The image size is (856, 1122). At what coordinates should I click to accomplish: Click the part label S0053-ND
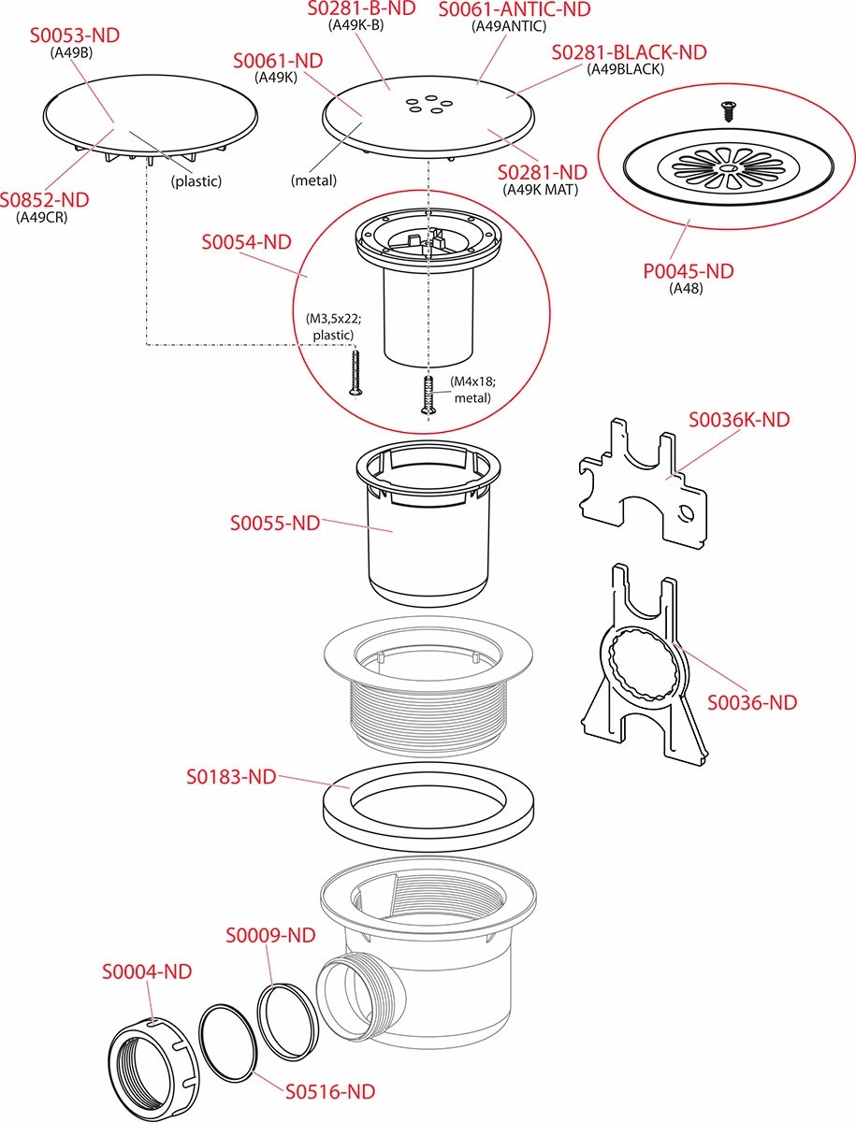pos(75,36)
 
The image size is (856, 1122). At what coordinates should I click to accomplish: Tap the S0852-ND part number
pos(45,200)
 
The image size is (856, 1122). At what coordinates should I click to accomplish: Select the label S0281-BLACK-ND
pos(629,52)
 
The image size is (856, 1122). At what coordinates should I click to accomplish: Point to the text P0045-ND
pos(688,271)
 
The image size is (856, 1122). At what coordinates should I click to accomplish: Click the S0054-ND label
pos(246,242)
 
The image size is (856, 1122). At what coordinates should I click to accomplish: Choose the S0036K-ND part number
pos(739,420)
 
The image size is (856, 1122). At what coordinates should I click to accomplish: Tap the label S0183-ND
pos(231,776)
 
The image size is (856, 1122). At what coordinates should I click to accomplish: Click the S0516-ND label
pos(330,1090)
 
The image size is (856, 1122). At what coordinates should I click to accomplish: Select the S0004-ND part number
pos(147,971)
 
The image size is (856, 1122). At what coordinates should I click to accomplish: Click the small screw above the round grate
pos(725,110)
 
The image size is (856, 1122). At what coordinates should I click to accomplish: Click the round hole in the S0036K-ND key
pos(689,512)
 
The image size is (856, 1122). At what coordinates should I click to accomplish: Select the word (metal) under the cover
pos(313,180)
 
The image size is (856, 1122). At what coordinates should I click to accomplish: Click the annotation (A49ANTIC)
pos(510,26)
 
